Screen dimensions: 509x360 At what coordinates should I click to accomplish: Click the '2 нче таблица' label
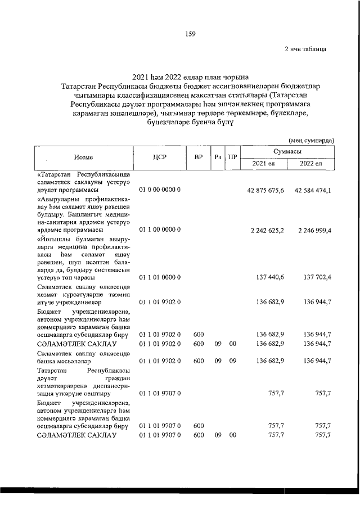click(305, 49)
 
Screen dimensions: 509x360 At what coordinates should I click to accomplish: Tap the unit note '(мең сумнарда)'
click(312, 140)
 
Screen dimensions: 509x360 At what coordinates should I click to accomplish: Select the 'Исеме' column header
click(83, 158)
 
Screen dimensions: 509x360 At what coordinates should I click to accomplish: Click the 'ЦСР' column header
click(159, 158)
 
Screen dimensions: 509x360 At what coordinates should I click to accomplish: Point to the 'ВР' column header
click(198, 158)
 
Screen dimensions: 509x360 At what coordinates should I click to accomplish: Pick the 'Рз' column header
click(218, 158)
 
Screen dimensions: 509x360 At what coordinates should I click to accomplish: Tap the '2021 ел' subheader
click(263, 164)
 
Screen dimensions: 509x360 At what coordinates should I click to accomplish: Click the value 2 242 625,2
click(267, 230)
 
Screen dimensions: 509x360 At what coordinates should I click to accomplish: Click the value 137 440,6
click(270, 277)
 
